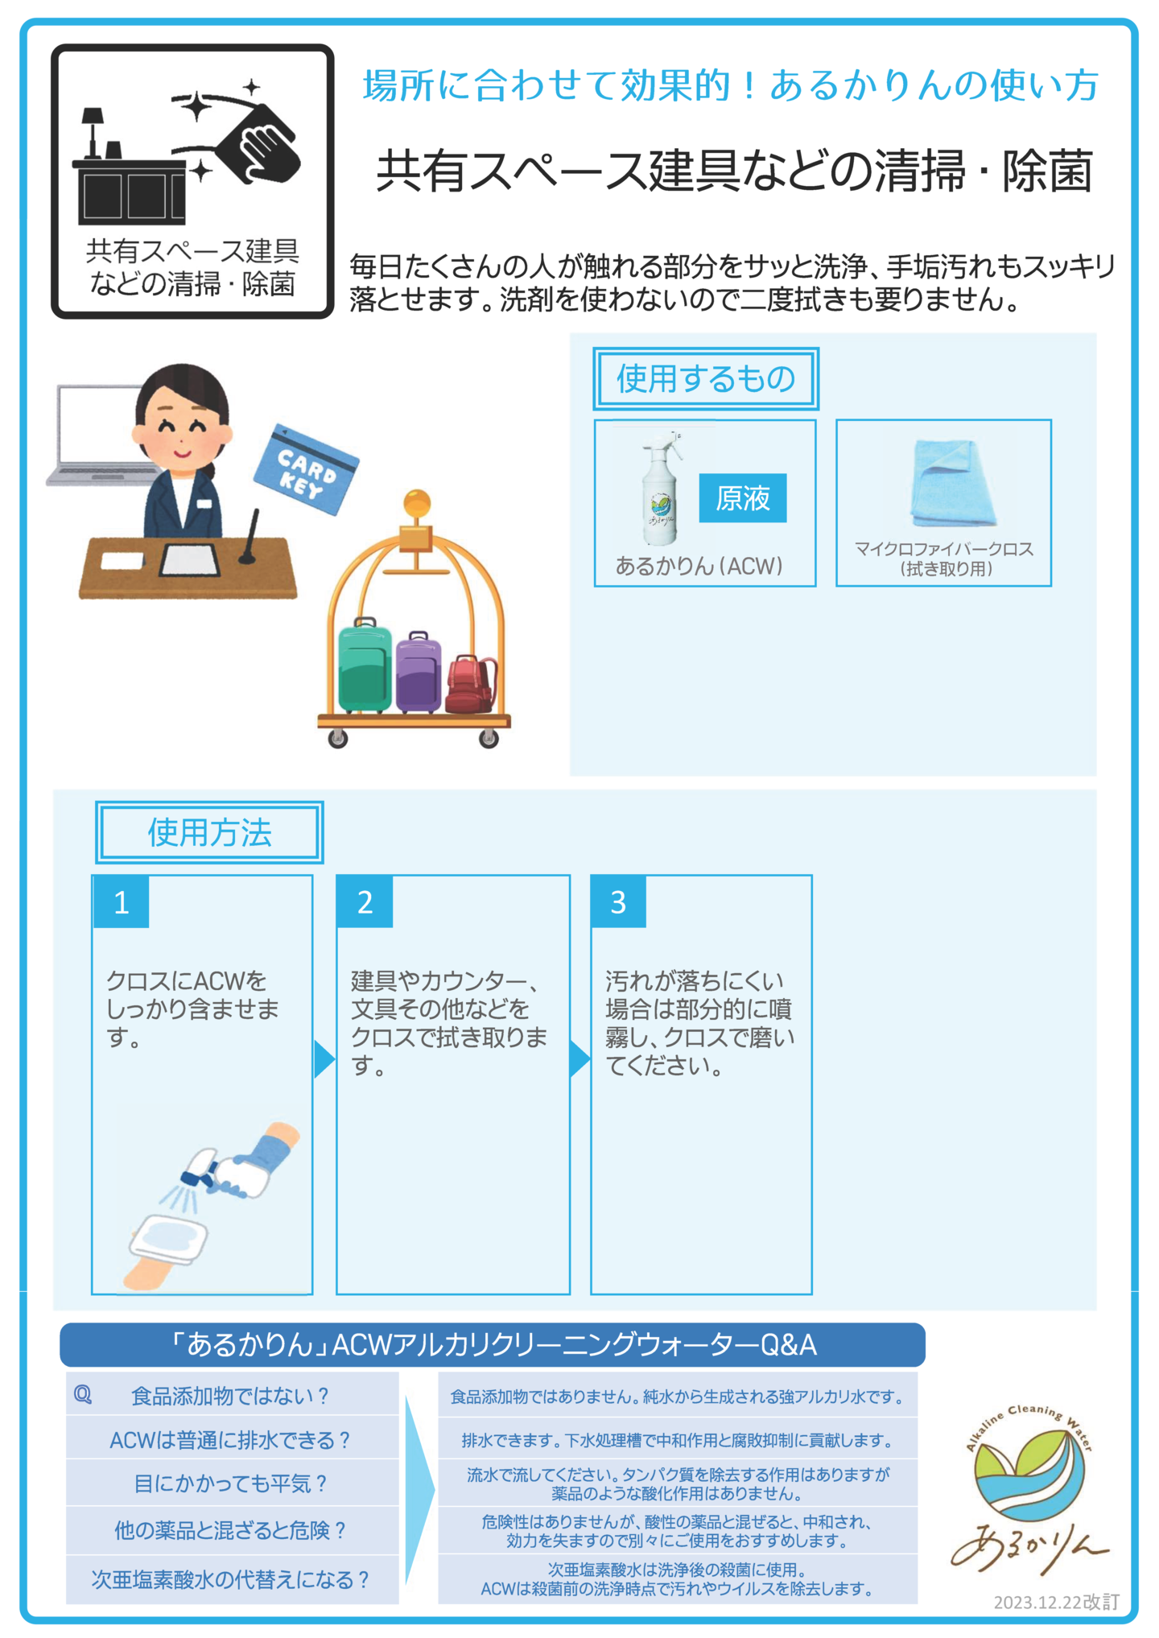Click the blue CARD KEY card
coord(306,469)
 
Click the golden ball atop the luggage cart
coord(417,504)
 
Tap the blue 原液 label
coord(742,498)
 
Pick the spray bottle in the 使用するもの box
coord(661,489)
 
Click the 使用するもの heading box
coord(706,378)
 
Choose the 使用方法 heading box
coord(209,832)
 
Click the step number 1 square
coord(122,902)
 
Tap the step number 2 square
coord(365,902)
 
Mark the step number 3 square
coord(618,902)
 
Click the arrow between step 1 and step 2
coord(324,1058)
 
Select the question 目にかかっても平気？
coord(231,1483)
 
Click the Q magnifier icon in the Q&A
coord(83,1395)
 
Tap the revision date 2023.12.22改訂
coord(1056,1602)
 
